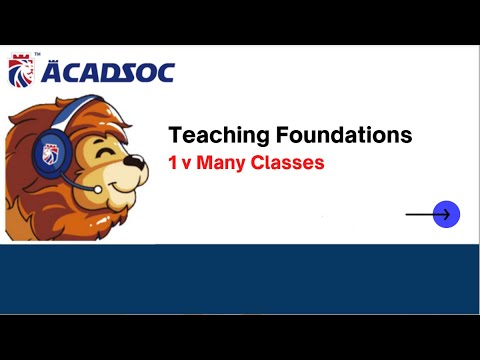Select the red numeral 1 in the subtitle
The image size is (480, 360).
(173, 162)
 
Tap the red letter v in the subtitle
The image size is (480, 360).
(187, 163)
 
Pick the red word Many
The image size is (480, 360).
(220, 162)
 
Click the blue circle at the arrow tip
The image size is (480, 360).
(446, 214)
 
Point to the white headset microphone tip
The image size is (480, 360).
(96, 188)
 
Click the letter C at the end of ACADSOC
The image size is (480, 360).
(162, 73)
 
